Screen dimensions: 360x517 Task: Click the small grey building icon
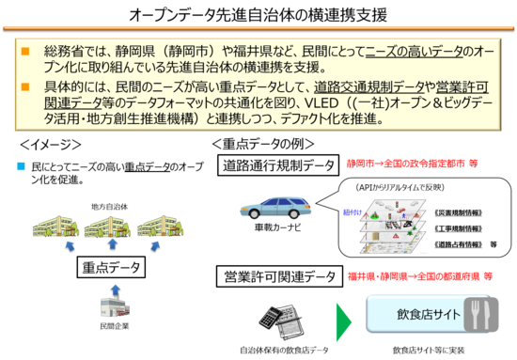(115, 306)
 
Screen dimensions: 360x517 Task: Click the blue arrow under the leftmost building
(69, 247)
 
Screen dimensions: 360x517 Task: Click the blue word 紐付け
(349, 212)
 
